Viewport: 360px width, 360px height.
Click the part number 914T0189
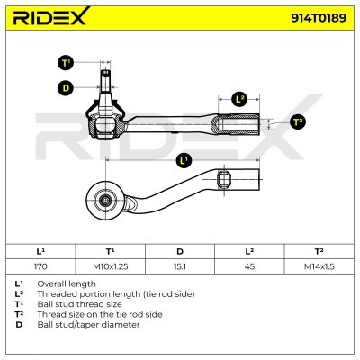click(x=319, y=18)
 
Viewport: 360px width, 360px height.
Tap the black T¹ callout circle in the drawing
click(x=66, y=63)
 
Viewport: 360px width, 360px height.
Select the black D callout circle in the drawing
click(x=66, y=88)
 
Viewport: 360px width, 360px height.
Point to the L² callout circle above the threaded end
click(x=239, y=99)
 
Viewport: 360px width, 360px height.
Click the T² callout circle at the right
click(x=298, y=121)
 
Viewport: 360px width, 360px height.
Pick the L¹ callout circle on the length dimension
click(x=184, y=160)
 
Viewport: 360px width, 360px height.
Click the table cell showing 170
click(x=40, y=266)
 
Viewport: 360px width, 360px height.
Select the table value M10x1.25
click(x=111, y=266)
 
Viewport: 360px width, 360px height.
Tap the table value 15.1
click(x=180, y=266)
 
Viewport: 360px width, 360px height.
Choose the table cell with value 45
click(x=249, y=266)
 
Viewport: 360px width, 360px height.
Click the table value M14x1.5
click(x=319, y=266)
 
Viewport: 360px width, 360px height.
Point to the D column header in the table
click(x=180, y=251)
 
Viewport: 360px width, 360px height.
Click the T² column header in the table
click(x=319, y=251)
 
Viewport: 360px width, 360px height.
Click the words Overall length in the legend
click(x=67, y=283)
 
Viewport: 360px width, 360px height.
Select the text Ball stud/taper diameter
click(x=88, y=325)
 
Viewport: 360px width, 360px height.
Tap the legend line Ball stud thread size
click(x=79, y=304)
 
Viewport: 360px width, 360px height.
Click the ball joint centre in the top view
click(x=105, y=200)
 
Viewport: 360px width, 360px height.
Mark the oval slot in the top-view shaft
click(x=224, y=179)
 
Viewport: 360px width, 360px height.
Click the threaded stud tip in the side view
click(x=104, y=72)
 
